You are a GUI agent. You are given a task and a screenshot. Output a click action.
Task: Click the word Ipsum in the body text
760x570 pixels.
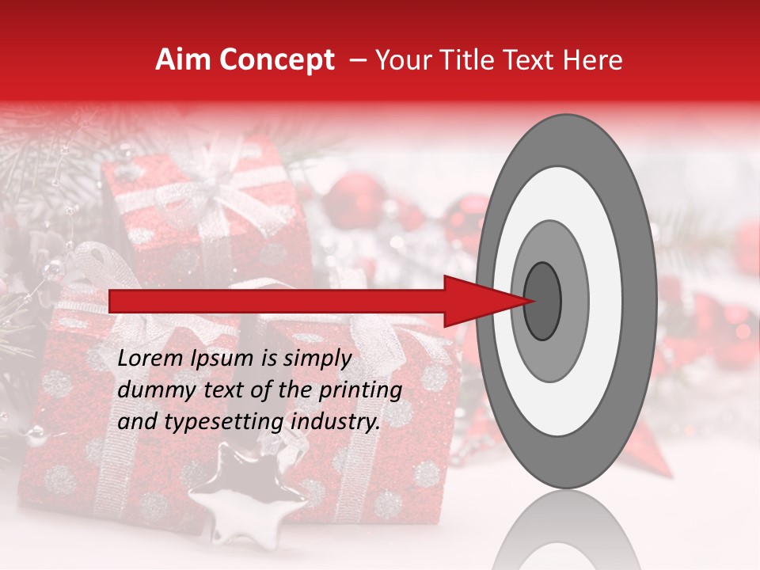(222, 359)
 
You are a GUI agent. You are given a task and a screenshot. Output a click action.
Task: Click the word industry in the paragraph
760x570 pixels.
(335, 422)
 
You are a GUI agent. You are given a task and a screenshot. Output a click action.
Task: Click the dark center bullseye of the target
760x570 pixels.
(542, 301)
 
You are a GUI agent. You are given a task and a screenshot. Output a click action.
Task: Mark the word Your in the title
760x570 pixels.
(401, 60)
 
